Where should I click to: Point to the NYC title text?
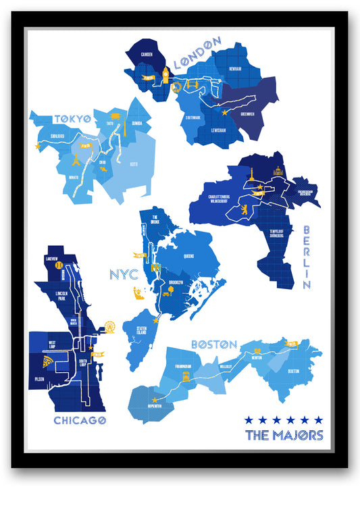123,274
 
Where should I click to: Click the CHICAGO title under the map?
80,421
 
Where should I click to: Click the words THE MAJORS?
284,435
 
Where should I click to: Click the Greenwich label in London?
247,114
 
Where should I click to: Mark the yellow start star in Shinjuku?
38,146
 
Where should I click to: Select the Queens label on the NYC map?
189,256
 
